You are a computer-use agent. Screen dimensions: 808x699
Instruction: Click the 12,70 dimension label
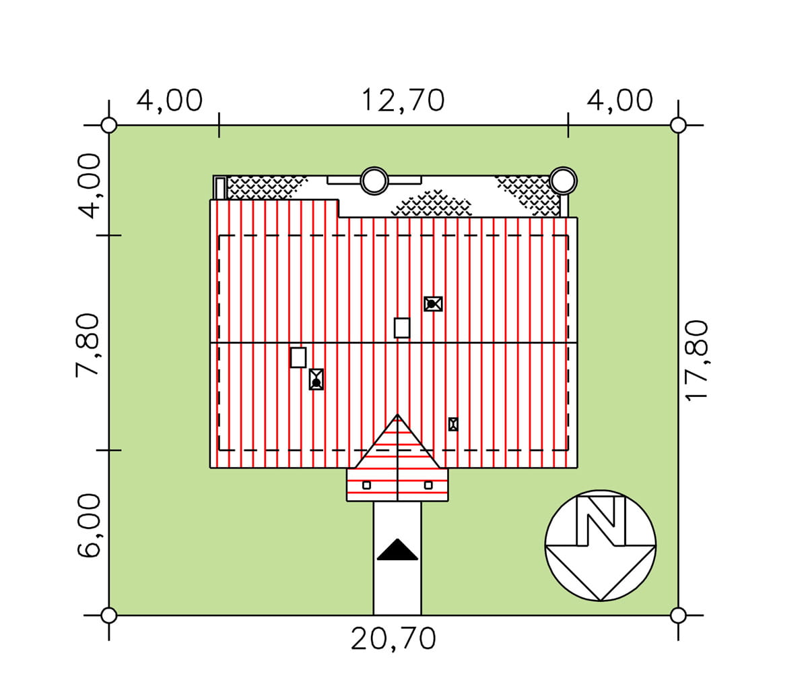click(403, 100)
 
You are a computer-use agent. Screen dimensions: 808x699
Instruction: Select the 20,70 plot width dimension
click(393, 639)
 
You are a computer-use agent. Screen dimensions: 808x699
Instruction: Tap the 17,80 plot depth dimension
click(697, 361)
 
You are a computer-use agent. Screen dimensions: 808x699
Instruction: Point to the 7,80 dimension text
click(88, 345)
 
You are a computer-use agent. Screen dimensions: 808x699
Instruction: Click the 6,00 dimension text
click(88, 524)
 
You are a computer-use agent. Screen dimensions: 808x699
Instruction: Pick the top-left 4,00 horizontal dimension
click(169, 100)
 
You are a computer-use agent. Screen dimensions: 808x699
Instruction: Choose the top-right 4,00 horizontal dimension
click(619, 100)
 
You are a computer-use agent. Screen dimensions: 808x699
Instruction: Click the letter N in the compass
click(601, 520)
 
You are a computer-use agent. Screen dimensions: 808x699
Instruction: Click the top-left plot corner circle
click(108, 125)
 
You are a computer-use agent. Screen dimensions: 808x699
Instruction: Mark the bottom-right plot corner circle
click(678, 615)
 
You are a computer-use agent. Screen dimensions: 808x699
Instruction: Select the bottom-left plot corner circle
click(108, 615)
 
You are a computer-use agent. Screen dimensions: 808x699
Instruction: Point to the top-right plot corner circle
click(678, 125)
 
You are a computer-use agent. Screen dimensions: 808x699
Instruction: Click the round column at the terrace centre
click(374, 181)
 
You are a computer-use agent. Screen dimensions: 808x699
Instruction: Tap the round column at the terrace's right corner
click(564, 181)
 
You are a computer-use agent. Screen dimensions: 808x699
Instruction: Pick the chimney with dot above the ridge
click(433, 304)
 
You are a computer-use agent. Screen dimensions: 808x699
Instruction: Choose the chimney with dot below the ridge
click(316, 379)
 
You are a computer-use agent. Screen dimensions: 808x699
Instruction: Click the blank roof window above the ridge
click(402, 328)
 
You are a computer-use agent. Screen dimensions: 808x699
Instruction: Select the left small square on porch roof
click(366, 485)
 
